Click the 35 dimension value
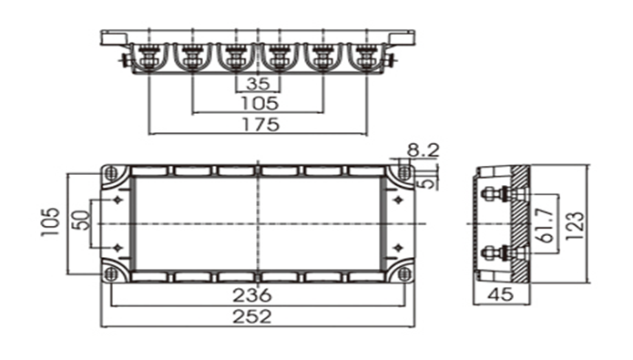258,84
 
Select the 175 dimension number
260,125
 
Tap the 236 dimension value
252,295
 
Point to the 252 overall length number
252,316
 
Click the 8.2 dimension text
423,150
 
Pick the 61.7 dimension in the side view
547,224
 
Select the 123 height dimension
575,225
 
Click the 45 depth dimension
500,294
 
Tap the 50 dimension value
82,221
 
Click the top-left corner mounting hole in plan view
110,173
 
